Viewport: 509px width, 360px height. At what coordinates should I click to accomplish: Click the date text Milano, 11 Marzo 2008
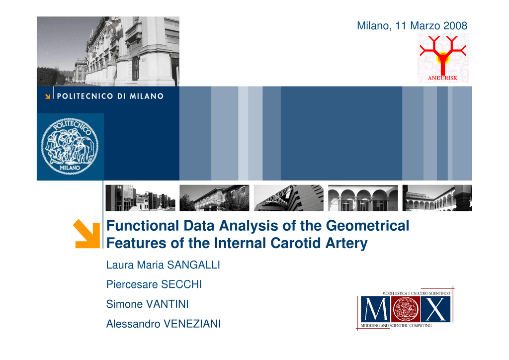(x=412, y=26)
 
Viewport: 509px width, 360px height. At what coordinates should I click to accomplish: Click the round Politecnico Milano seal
(x=70, y=146)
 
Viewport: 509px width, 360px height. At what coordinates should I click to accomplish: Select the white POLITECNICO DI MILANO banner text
(x=110, y=96)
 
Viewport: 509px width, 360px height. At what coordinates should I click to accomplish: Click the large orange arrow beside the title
(x=86, y=234)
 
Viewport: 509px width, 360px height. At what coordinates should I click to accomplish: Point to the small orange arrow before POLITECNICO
(x=48, y=96)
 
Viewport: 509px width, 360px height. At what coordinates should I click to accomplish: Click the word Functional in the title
(x=143, y=226)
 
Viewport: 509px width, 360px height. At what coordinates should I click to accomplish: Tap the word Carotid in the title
(x=295, y=243)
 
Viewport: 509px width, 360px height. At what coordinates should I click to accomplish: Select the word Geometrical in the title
(x=367, y=226)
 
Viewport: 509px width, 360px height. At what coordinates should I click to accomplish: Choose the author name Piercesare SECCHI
(x=154, y=284)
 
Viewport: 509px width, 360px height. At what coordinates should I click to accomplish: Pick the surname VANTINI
(x=168, y=304)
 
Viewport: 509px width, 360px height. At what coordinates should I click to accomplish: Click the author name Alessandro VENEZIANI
(x=164, y=324)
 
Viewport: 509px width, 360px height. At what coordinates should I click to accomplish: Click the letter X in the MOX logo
(x=435, y=309)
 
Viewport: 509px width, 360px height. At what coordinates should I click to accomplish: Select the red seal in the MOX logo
(x=406, y=309)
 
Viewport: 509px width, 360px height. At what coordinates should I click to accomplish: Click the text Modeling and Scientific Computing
(x=396, y=326)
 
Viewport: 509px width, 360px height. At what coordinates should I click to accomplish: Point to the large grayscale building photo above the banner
(x=108, y=51)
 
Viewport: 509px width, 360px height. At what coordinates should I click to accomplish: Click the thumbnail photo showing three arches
(x=363, y=198)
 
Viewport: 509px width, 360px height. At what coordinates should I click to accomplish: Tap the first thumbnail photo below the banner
(x=140, y=198)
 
